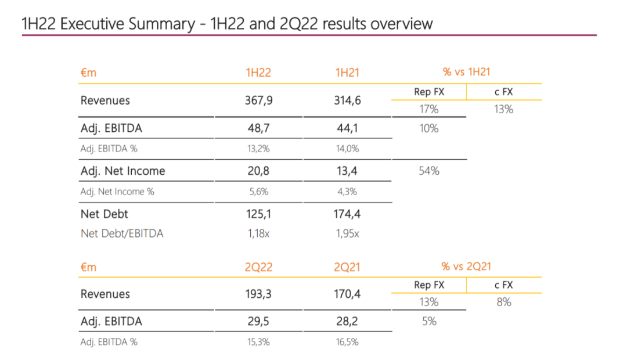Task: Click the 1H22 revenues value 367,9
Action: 258,100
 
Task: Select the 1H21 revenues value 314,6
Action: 347,100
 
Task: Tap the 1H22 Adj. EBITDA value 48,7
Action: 258,128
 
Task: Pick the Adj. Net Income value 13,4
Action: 347,171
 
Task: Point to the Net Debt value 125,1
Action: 258,214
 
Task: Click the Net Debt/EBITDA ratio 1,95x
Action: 347,233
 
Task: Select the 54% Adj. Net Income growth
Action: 429,171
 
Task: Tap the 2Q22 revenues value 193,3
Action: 258,294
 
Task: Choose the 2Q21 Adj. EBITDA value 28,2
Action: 347,321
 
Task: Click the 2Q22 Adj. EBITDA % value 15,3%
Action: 258,342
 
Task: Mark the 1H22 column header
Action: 258,73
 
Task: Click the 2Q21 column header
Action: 347,267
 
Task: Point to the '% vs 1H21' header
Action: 466,72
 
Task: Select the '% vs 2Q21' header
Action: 466,267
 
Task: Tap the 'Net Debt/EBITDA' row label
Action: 122,233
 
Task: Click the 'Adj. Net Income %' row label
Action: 117,192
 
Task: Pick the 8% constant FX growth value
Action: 503,302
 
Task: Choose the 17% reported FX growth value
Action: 429,109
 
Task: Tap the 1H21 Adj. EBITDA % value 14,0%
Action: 347,149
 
